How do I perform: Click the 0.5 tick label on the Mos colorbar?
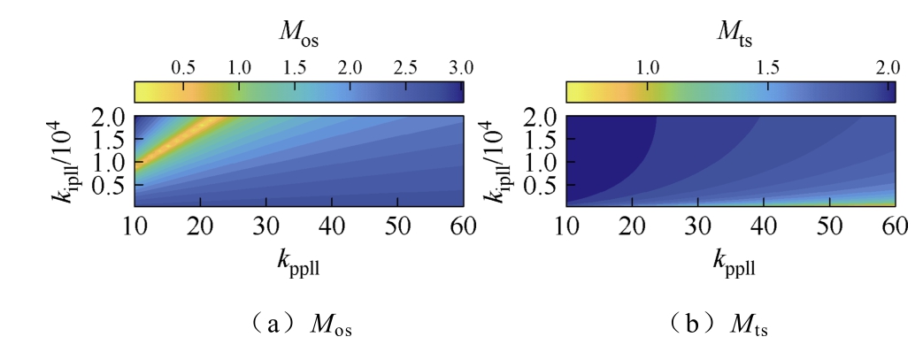(183, 69)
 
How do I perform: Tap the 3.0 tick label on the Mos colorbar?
(461, 69)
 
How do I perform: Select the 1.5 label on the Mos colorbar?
(295, 69)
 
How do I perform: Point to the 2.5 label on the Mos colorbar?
(405, 69)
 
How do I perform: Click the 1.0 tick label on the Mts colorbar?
(648, 69)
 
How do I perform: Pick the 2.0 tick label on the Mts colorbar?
(888, 69)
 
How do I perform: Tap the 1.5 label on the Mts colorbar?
(768, 69)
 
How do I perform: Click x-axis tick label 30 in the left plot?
(266, 226)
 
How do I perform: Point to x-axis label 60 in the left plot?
(463, 226)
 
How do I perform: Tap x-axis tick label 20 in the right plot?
(632, 226)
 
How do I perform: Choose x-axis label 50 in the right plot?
(829, 226)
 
